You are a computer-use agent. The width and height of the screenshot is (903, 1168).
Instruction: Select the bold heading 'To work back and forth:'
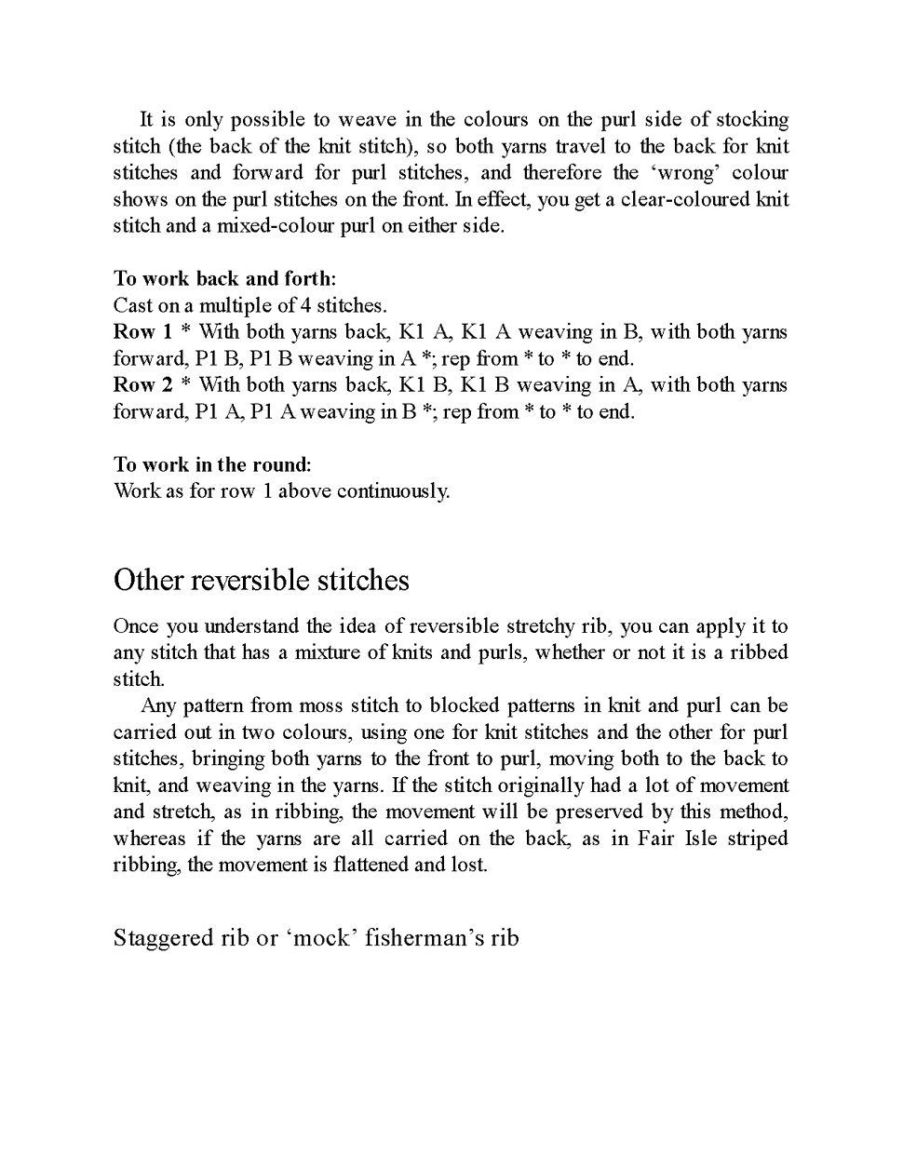coord(224,278)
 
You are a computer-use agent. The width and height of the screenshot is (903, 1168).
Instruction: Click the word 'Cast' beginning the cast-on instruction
coord(131,305)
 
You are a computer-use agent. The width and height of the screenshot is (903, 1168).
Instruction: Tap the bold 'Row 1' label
coord(142,332)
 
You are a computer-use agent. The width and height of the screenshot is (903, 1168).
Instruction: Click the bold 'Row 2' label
coord(142,385)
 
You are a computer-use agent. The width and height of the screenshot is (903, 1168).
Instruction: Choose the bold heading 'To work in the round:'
coord(212,464)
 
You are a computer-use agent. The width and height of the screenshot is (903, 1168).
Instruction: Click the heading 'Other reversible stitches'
coord(261,581)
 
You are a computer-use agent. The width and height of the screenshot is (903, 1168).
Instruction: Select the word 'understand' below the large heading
coord(251,625)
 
